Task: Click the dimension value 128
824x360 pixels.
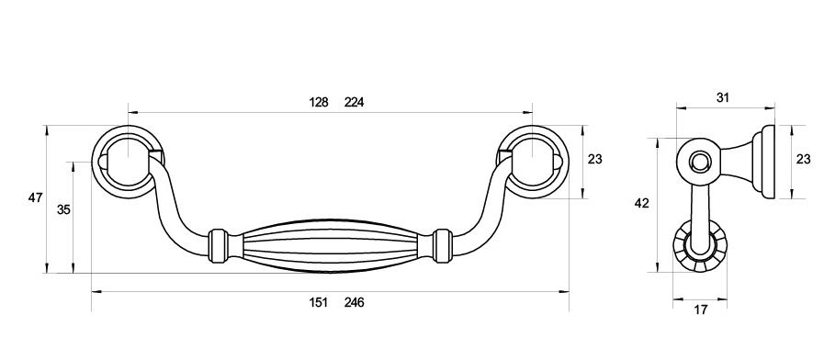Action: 319,102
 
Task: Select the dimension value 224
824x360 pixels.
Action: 355,102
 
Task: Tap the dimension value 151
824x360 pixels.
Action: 319,302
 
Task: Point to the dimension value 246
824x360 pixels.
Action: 355,302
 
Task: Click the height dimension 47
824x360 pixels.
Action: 35,197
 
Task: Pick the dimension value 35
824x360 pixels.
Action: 63,209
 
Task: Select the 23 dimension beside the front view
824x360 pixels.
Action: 595,159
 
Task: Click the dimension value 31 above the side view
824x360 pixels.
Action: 723,97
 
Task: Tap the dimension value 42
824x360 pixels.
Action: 641,203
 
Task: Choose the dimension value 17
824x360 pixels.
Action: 701,309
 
